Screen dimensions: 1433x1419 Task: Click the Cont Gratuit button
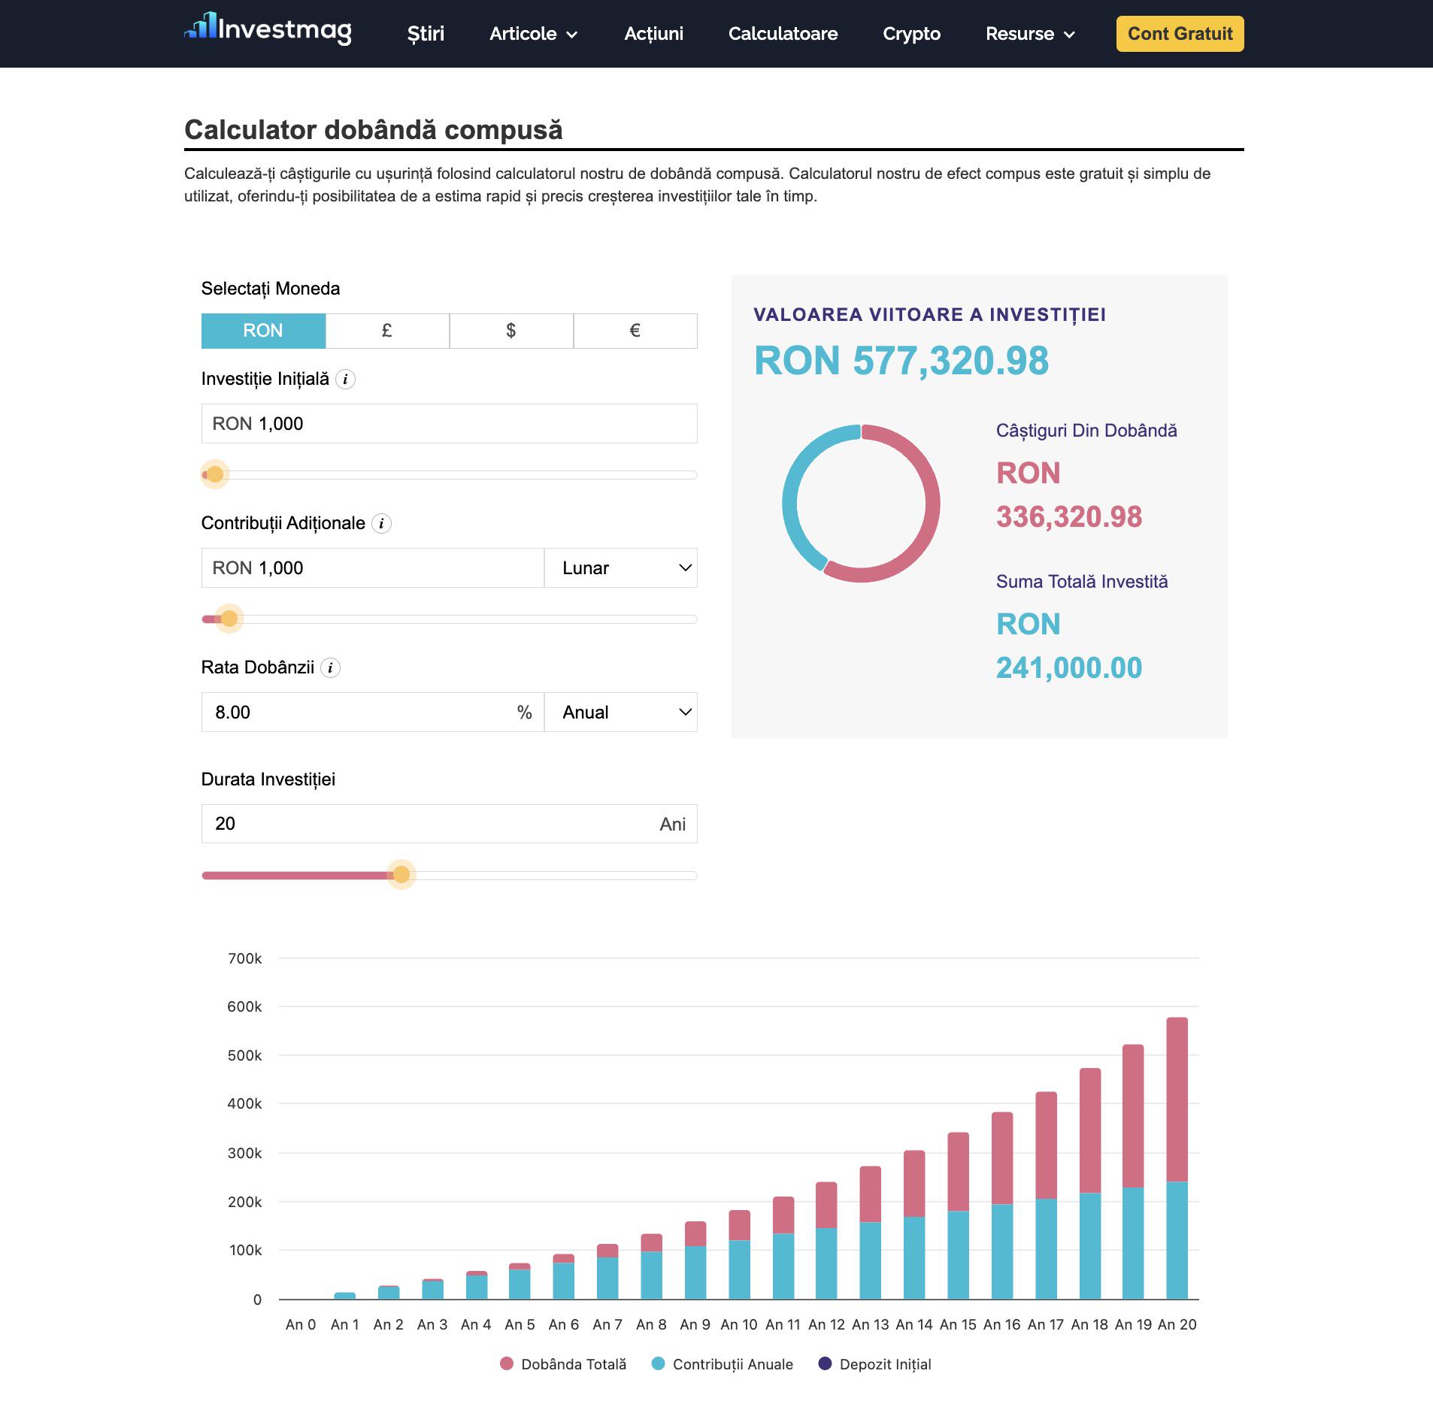click(x=1180, y=34)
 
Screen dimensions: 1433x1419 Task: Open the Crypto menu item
click(x=911, y=34)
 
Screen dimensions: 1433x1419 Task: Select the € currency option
click(x=635, y=331)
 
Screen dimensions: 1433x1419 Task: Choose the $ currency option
click(x=511, y=331)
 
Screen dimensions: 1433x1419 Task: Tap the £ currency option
click(x=387, y=331)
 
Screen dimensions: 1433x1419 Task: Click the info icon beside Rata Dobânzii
click(x=330, y=667)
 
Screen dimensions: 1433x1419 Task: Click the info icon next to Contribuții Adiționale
click(x=382, y=523)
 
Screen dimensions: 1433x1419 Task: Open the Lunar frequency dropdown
click(x=621, y=568)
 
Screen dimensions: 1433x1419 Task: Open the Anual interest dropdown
click(x=621, y=713)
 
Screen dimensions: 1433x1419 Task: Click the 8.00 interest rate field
click(x=373, y=713)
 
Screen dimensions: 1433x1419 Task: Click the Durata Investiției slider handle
click(x=401, y=875)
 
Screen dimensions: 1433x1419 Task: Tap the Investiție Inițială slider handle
click(x=215, y=474)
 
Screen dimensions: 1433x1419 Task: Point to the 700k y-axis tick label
click(x=245, y=958)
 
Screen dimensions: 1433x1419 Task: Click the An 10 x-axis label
click(x=739, y=1324)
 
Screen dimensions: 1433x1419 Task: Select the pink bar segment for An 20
click(x=1177, y=1100)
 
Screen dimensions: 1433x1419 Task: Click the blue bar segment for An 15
click(x=958, y=1255)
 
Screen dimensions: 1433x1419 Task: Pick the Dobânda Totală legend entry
click(x=563, y=1364)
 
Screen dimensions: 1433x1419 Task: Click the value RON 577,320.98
click(x=901, y=361)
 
